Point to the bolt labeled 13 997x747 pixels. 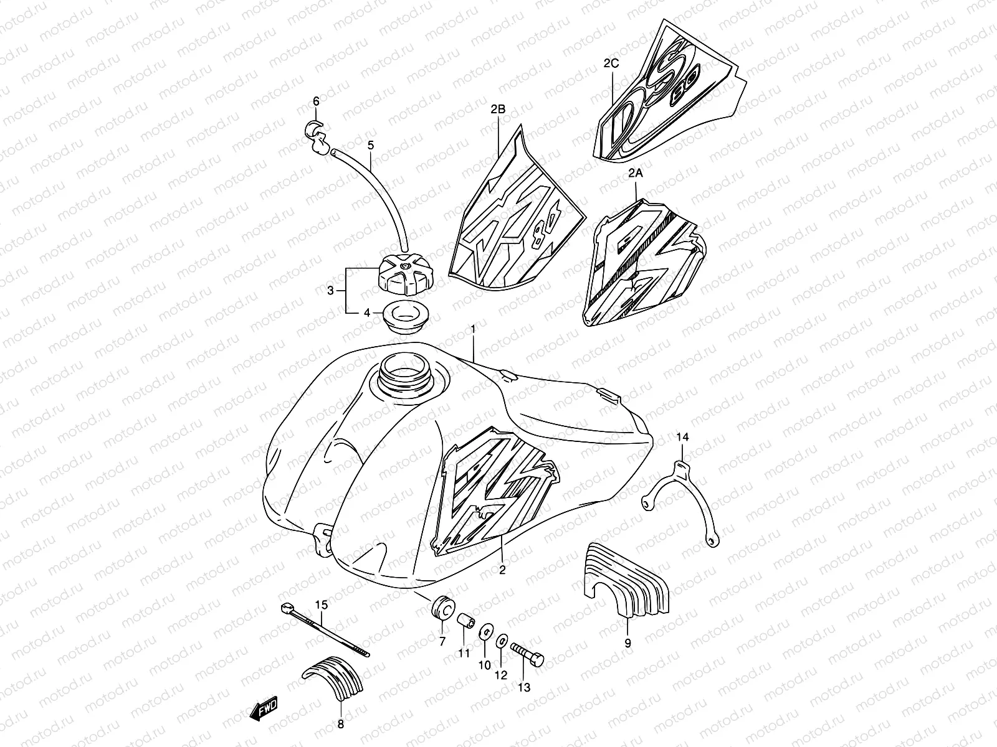coord(528,653)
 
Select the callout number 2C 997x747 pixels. coord(611,63)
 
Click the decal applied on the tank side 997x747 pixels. coord(492,492)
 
